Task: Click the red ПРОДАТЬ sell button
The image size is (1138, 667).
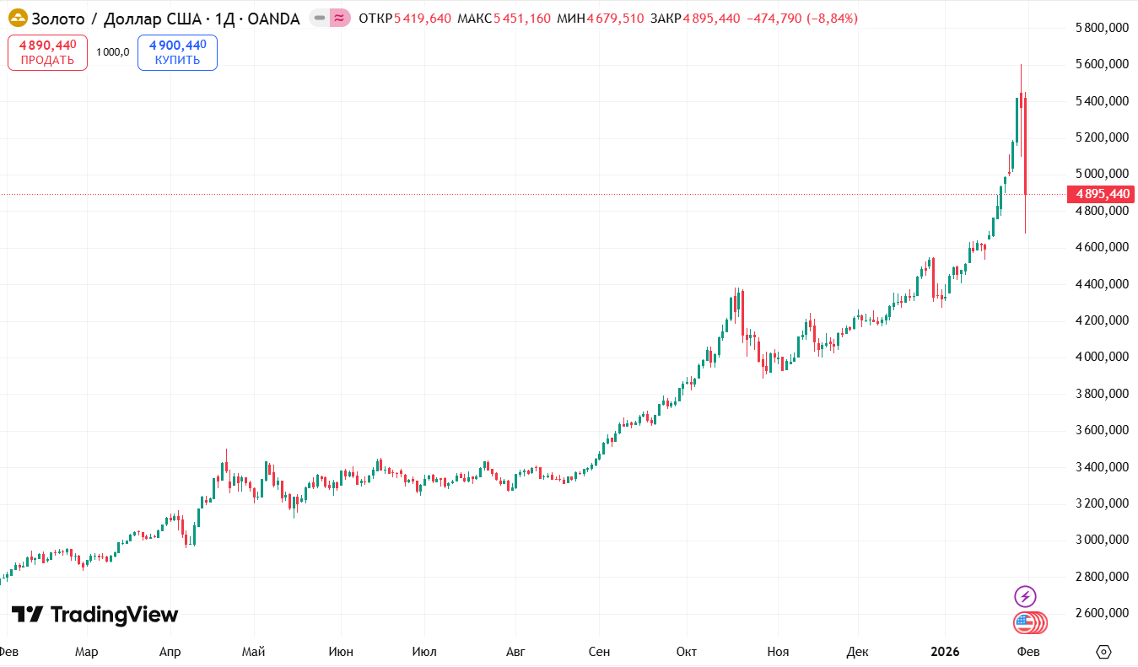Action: pyautogui.click(x=47, y=52)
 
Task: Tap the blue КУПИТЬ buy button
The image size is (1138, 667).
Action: pyautogui.click(x=177, y=52)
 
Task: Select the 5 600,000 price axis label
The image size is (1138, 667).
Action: pyautogui.click(x=1102, y=64)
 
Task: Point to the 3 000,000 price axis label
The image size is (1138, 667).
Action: pyautogui.click(x=1102, y=540)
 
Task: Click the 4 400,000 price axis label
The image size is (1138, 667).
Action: pyautogui.click(x=1102, y=284)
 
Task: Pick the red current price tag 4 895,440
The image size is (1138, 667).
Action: pyautogui.click(x=1102, y=194)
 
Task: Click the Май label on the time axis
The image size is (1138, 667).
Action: pyautogui.click(x=253, y=652)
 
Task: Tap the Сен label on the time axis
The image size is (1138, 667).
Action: pyautogui.click(x=599, y=652)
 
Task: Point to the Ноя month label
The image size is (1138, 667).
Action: pyautogui.click(x=778, y=652)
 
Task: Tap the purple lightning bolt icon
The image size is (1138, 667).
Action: pyautogui.click(x=1025, y=597)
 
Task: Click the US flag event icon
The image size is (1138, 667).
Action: pyautogui.click(x=1025, y=623)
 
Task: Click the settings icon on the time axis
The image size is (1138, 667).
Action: pyautogui.click(x=1103, y=652)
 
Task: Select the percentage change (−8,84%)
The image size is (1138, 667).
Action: pyautogui.click(x=832, y=19)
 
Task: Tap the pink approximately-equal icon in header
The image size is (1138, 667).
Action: pyautogui.click(x=339, y=18)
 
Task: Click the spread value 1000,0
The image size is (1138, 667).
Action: pyautogui.click(x=112, y=52)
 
